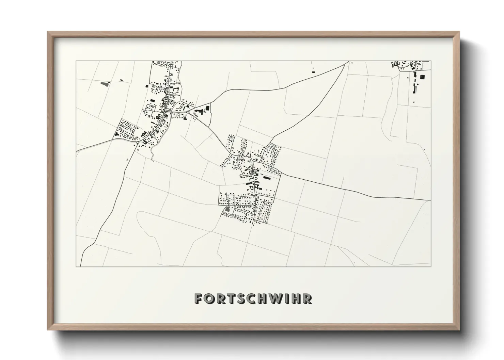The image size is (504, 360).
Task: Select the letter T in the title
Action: [233, 298]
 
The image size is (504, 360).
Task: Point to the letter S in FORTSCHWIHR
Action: [244, 298]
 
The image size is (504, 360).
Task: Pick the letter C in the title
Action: [255, 298]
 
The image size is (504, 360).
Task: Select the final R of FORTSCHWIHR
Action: [308, 298]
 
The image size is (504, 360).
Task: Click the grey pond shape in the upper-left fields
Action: [105, 83]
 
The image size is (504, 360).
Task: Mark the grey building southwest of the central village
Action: [227, 209]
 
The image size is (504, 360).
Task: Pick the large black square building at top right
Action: [422, 77]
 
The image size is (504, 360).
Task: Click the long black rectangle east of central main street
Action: [266, 178]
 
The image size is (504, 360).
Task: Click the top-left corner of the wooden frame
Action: [48, 32]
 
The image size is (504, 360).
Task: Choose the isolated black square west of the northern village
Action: [147, 86]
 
